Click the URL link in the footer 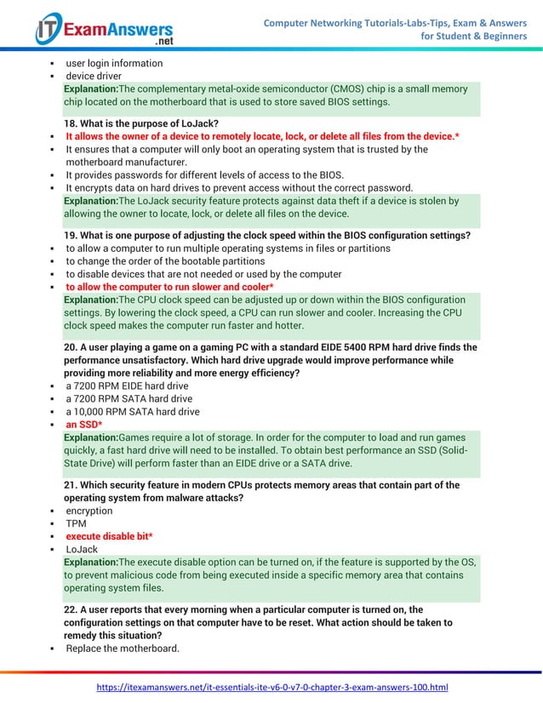click(271, 687)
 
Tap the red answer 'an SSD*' click(84, 425)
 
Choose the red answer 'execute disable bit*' click(111, 536)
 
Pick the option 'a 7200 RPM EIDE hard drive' click(127, 386)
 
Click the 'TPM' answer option click(76, 523)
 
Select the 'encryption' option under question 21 click(89, 511)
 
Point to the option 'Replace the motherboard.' click(123, 649)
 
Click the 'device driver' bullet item click(94, 76)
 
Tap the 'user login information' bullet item click(114, 63)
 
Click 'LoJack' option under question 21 click(82, 549)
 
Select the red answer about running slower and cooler click(169, 287)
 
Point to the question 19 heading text click(266, 235)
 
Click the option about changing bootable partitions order click(165, 261)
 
